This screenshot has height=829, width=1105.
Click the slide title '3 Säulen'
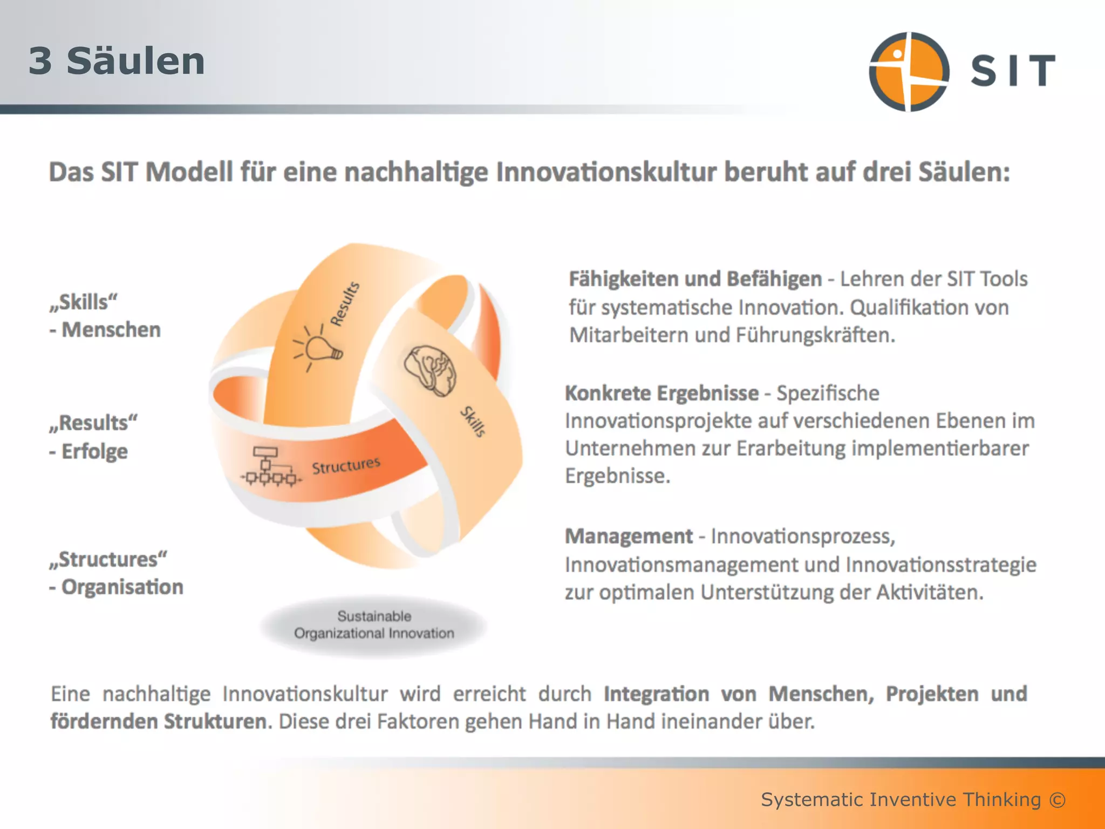point(117,61)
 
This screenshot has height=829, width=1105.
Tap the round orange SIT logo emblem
point(909,71)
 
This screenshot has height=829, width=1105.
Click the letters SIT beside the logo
point(1013,70)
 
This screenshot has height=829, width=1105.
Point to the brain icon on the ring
point(430,371)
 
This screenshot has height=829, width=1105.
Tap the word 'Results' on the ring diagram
point(345,304)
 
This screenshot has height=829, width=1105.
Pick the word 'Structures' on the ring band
point(346,465)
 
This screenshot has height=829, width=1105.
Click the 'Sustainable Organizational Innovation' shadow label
point(374,625)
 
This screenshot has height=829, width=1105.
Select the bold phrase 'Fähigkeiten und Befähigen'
point(695,279)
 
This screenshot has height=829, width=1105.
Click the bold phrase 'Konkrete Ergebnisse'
point(661,393)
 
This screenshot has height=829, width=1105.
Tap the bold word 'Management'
point(629,536)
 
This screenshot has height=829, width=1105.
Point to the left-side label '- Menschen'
point(105,330)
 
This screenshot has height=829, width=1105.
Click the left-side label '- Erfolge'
point(88,451)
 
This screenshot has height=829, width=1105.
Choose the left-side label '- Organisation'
point(116,587)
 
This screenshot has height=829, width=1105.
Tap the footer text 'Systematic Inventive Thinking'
point(901,799)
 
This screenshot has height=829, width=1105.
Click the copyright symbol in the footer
point(1058,799)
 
